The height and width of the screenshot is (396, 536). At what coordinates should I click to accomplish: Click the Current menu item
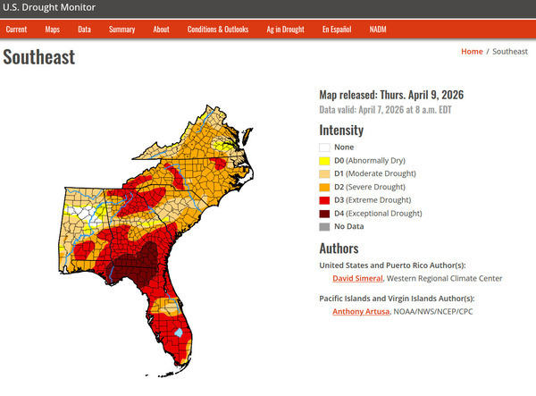(16, 29)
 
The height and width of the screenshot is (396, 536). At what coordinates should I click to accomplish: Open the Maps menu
(53, 29)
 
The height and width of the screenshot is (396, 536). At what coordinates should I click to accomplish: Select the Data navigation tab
(84, 29)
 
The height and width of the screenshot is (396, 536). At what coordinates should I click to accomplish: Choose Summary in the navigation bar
(121, 29)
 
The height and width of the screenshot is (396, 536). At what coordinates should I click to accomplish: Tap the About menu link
(161, 29)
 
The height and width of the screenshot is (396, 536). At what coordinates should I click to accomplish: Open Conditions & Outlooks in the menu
(218, 29)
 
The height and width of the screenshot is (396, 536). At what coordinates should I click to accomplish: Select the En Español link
(337, 29)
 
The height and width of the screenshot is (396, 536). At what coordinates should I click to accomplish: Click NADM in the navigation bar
(378, 29)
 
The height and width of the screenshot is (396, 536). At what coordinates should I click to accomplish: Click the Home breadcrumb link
(472, 52)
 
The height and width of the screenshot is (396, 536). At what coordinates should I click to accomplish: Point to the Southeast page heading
(39, 58)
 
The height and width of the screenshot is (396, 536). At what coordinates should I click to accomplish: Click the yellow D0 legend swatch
(325, 160)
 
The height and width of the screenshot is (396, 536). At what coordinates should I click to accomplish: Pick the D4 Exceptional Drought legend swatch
(325, 214)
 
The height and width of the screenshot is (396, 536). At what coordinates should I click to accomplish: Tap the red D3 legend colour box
(325, 200)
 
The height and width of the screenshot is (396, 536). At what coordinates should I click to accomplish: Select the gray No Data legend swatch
(325, 227)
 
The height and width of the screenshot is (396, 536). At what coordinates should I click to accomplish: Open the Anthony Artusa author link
(361, 312)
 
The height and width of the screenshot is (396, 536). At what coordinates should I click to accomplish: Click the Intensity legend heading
(341, 130)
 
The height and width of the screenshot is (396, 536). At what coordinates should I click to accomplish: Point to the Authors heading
(339, 249)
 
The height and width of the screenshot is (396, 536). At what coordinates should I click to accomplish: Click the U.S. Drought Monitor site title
(49, 8)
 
